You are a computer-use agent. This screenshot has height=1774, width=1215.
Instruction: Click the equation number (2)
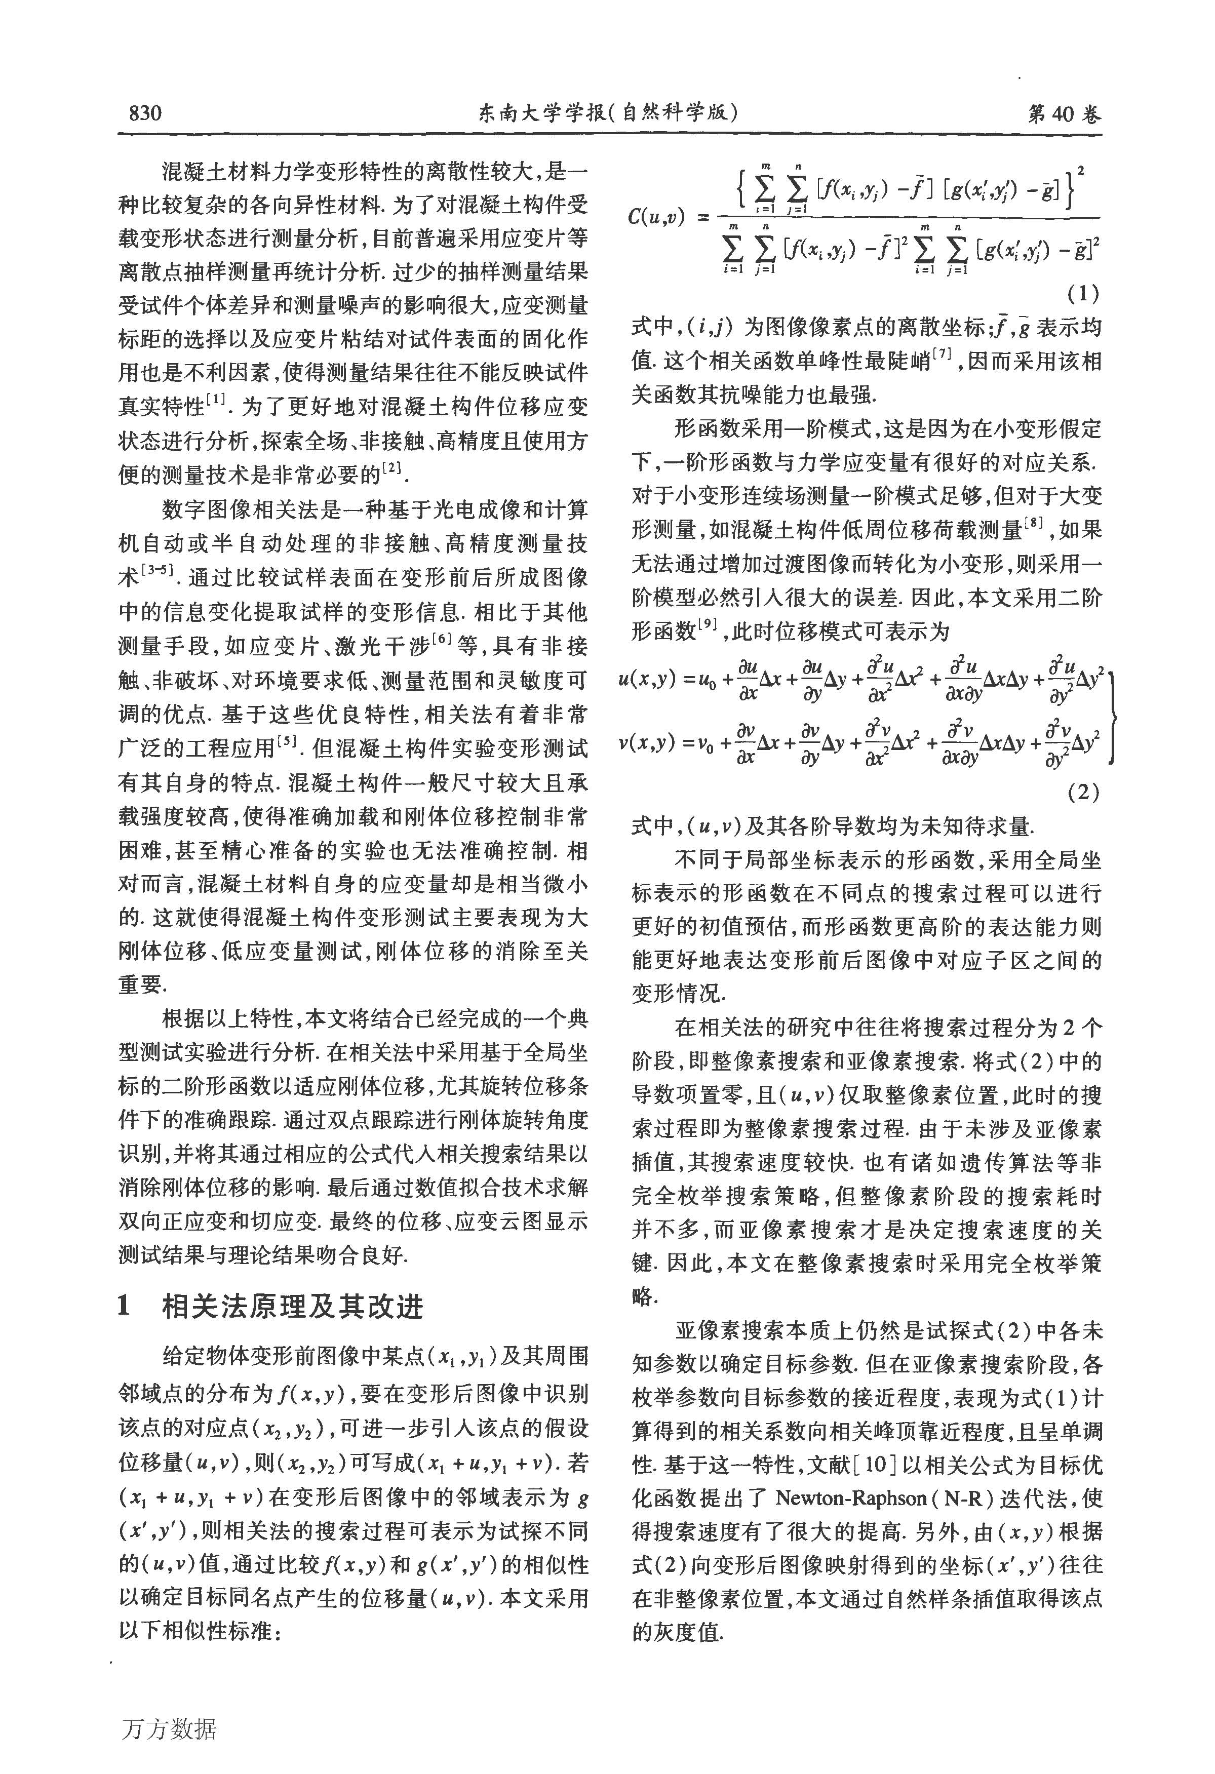[1082, 793]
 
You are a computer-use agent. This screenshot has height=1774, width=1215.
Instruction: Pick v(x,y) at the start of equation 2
[647, 742]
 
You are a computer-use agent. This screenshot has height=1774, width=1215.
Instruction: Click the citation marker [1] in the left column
[216, 399]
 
